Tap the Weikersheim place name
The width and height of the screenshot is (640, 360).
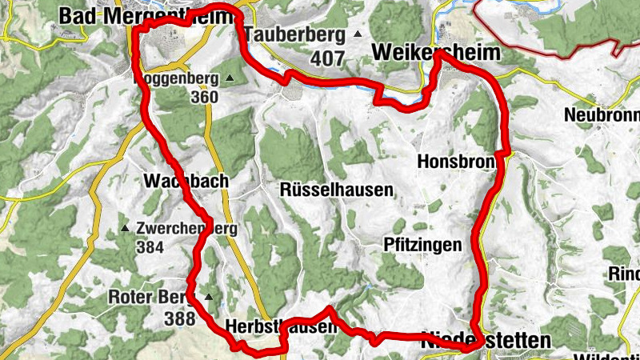[x=436, y=53]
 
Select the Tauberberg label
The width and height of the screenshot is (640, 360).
[x=295, y=34]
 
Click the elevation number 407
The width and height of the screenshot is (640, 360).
[x=328, y=58]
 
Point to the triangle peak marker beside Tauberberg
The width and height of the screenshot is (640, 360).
[x=358, y=34]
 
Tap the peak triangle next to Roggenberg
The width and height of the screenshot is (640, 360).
[x=230, y=78]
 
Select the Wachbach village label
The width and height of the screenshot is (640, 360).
[x=186, y=182]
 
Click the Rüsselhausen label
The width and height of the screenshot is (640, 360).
[x=337, y=190]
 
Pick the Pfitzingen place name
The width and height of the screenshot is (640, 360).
[x=422, y=245]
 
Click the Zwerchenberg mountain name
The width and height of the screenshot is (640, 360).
[x=187, y=228]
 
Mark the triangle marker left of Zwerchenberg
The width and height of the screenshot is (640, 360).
[x=124, y=229]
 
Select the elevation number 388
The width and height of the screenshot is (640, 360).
[x=179, y=318]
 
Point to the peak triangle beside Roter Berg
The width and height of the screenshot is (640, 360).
[x=210, y=297]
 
